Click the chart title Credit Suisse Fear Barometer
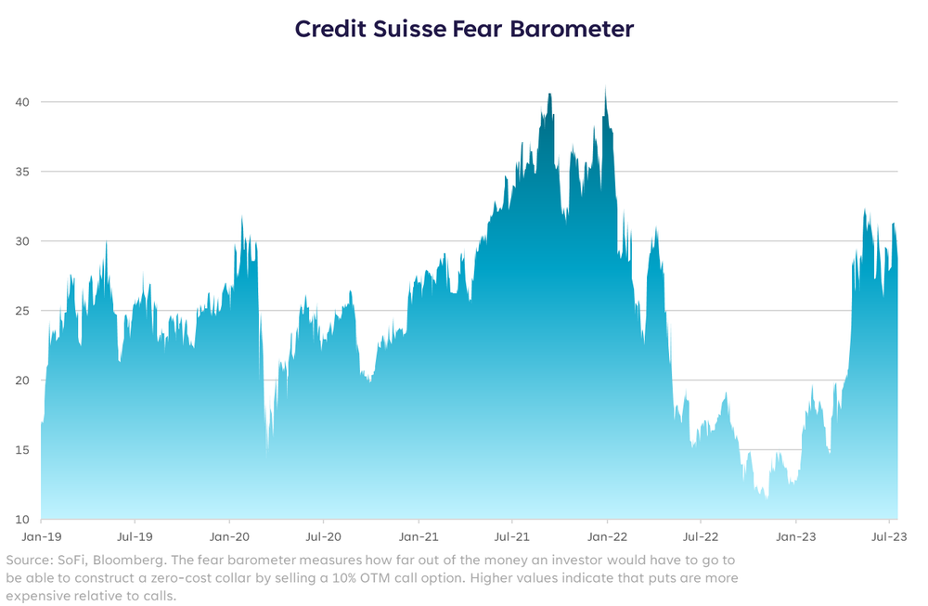point(464,29)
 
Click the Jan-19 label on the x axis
point(41,535)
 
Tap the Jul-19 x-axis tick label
point(135,535)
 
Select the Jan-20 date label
point(229,535)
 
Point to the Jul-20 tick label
point(323,535)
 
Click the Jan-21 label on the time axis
point(418,535)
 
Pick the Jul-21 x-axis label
point(511,535)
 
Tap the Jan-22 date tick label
point(606,535)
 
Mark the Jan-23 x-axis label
point(795,535)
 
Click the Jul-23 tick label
point(888,535)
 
